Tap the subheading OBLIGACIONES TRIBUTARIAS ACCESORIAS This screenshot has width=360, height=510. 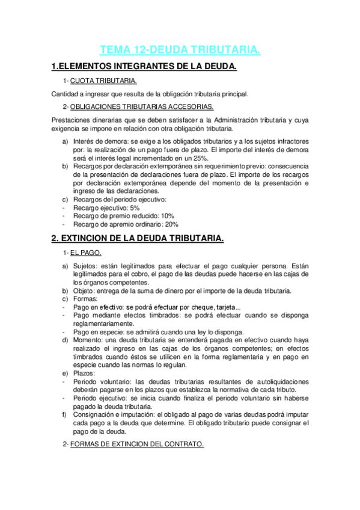pos(141,107)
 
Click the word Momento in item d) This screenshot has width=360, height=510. pos(88,340)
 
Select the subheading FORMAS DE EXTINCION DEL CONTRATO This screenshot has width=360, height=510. pos(136,444)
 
